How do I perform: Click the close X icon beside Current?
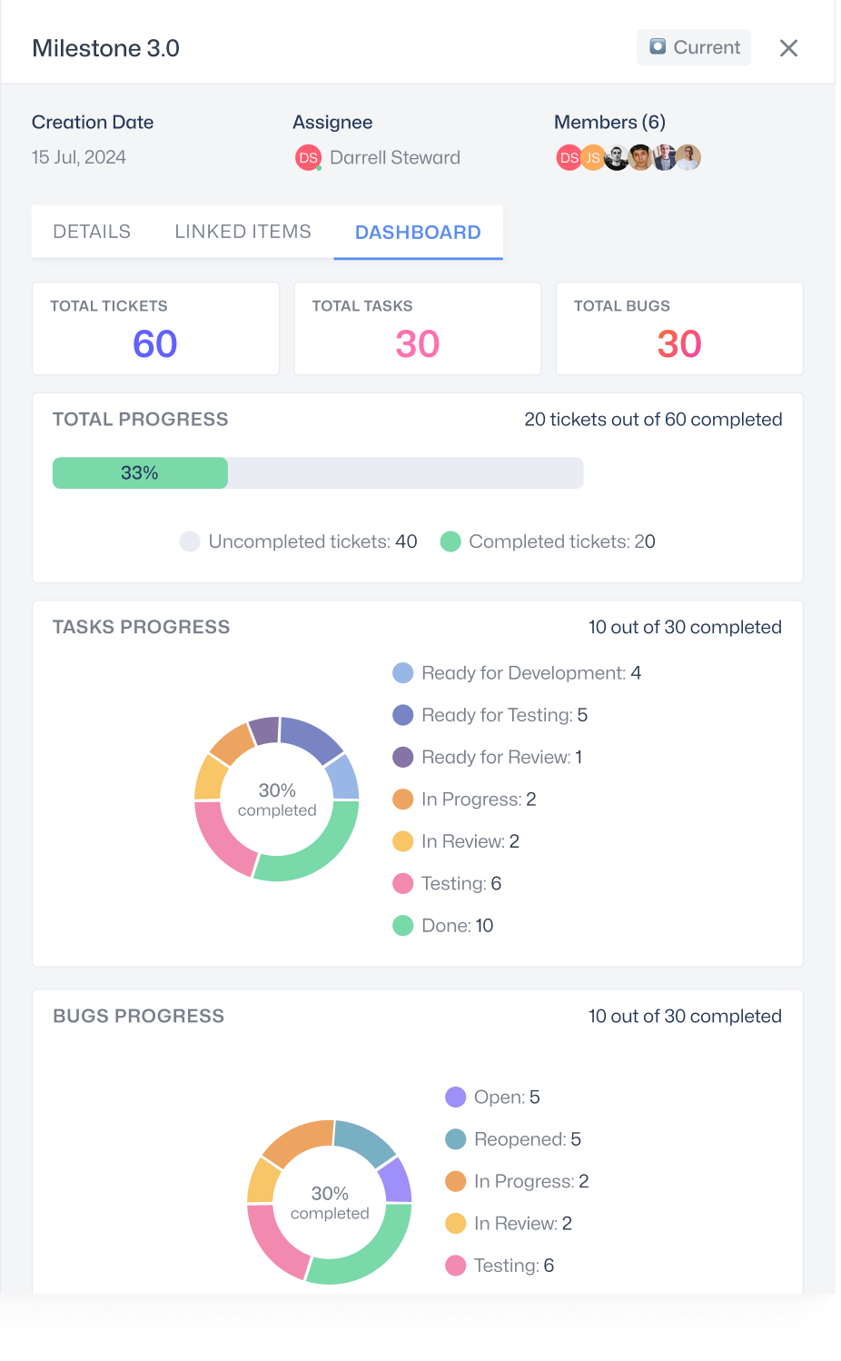click(x=788, y=48)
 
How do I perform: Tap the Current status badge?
click(x=694, y=47)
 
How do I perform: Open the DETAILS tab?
click(x=92, y=232)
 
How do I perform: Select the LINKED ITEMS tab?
click(x=242, y=232)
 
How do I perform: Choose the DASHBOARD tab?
click(x=418, y=233)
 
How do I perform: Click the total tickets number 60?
click(x=155, y=344)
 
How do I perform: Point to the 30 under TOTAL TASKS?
click(x=417, y=344)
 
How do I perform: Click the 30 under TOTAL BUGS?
click(x=679, y=344)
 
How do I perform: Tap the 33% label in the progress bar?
click(x=140, y=472)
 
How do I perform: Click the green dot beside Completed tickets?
click(x=450, y=541)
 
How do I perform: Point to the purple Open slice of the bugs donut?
click(x=396, y=1179)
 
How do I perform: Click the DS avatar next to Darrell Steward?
click(x=309, y=158)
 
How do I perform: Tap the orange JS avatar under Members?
click(x=592, y=158)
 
